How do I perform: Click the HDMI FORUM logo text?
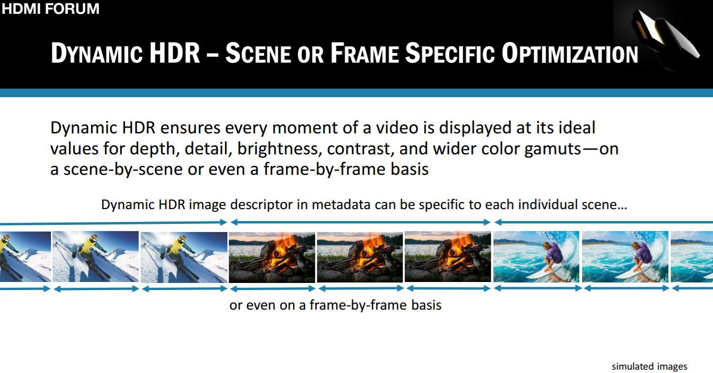pyautogui.click(x=51, y=8)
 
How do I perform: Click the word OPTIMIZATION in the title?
pyautogui.click(x=570, y=53)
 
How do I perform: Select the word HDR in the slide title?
pyautogui.click(x=175, y=53)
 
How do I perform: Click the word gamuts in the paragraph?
pyautogui.click(x=552, y=150)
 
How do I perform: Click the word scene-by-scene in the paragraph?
pyautogui.click(x=123, y=169)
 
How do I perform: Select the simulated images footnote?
pyautogui.click(x=649, y=366)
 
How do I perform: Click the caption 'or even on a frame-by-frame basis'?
pyautogui.click(x=335, y=305)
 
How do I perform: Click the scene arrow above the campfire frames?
pyautogui.click(x=360, y=222)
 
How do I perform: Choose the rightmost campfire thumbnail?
pyautogui.click(x=448, y=257)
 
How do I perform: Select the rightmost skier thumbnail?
pyautogui.click(x=184, y=257)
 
